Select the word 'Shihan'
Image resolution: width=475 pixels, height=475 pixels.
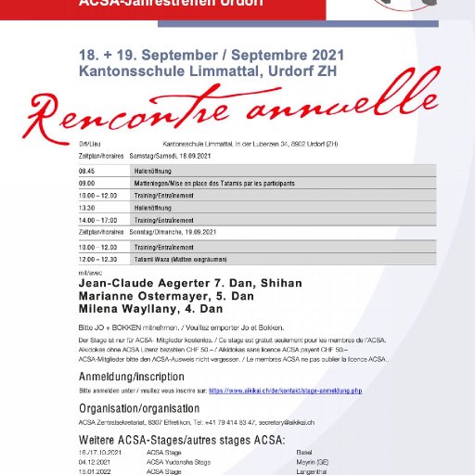click(285, 283)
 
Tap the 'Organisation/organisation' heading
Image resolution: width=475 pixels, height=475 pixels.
click(138, 408)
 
